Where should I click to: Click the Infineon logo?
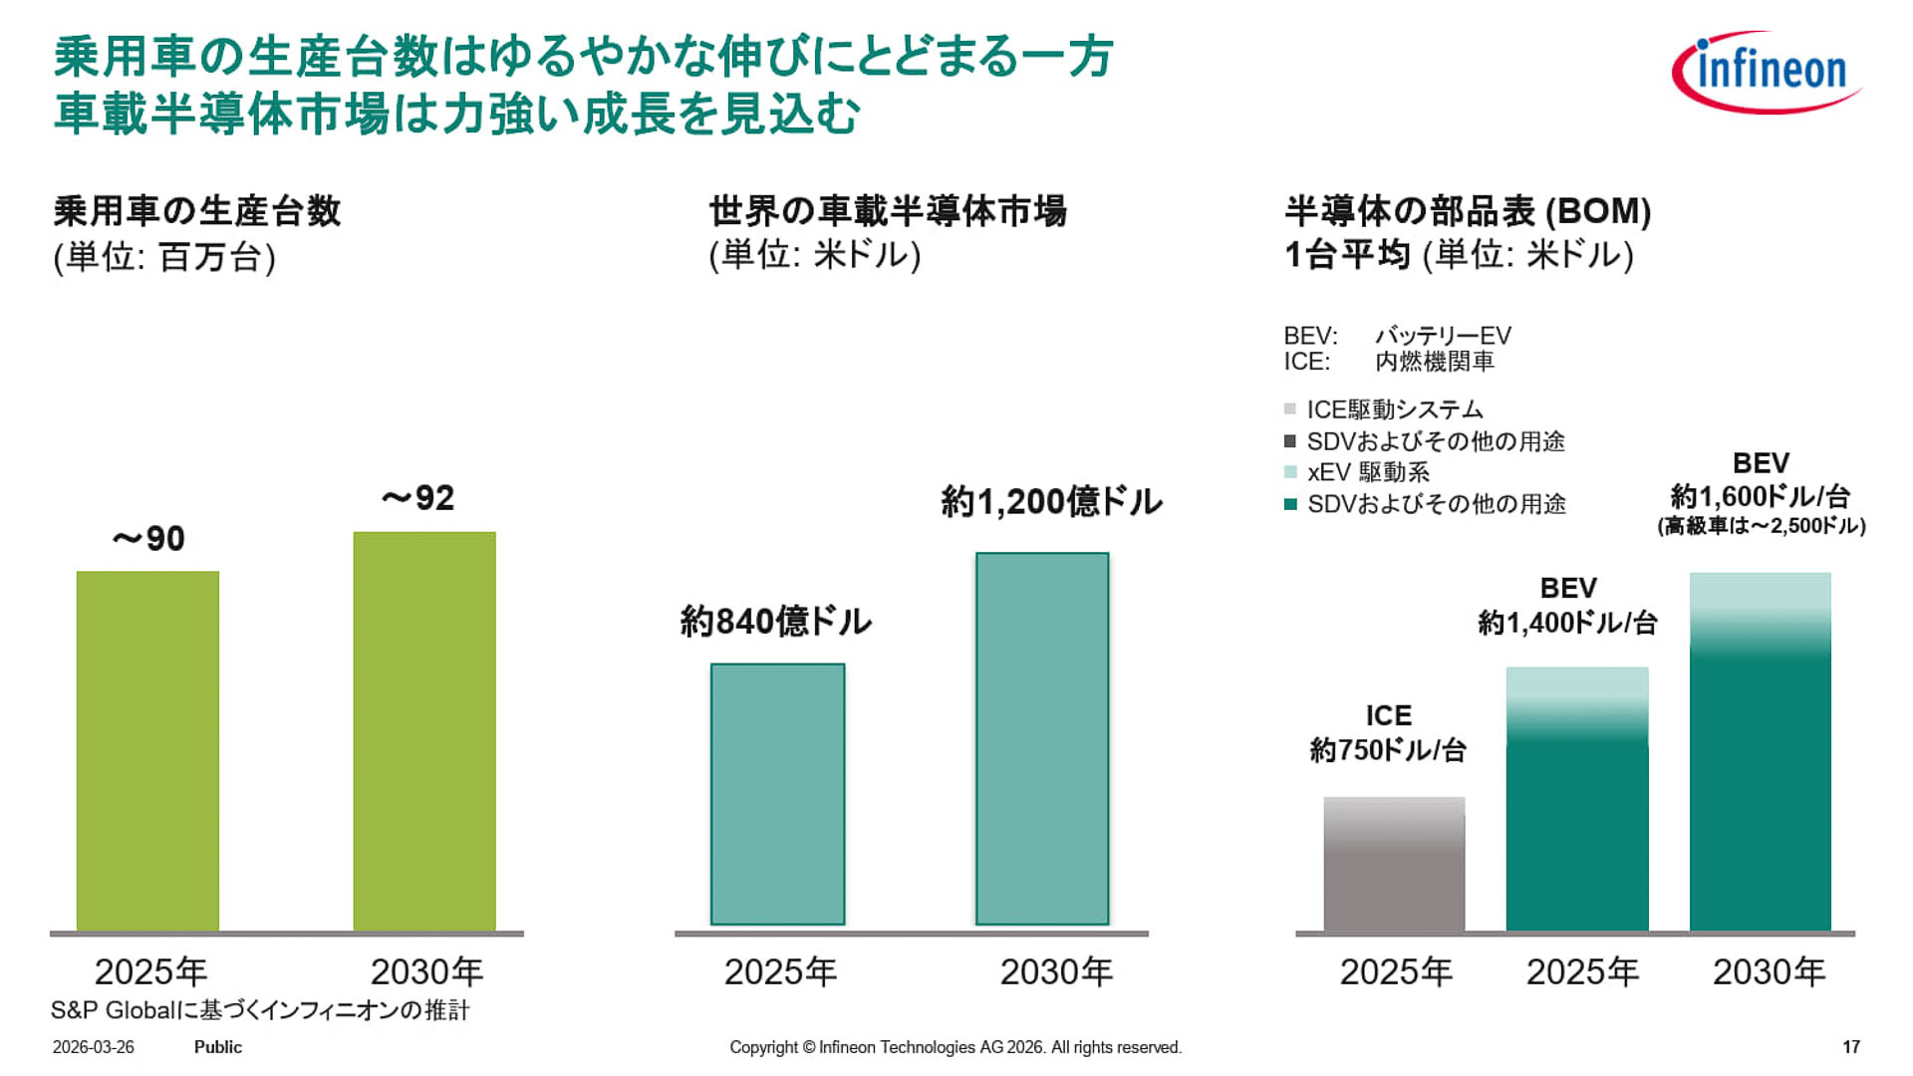[x=1766, y=72]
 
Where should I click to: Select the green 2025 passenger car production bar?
[x=147, y=751]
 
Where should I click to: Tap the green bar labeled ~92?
[x=424, y=731]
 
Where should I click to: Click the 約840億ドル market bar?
[x=777, y=794]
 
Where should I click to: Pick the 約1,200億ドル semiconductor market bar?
[x=1042, y=738]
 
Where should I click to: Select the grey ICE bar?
[x=1394, y=864]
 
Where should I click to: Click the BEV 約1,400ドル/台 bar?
[x=1577, y=799]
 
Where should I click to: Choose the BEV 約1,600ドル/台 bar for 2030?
[x=1761, y=752]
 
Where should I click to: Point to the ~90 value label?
[x=148, y=539]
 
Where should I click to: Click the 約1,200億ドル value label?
[x=1051, y=501]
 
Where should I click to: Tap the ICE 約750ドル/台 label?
[x=1388, y=733]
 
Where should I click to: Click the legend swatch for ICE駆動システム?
[x=1290, y=409]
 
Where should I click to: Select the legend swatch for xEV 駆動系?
[x=1290, y=472]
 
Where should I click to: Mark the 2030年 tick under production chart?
[x=426, y=971]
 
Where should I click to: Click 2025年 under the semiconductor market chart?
[x=780, y=971]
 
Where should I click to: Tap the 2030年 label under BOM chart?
[x=1769, y=971]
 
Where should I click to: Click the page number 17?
[x=1850, y=1047]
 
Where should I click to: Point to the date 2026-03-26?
[x=93, y=1047]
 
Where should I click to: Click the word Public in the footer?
[x=217, y=1047]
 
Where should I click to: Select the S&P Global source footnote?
[x=260, y=1010]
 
